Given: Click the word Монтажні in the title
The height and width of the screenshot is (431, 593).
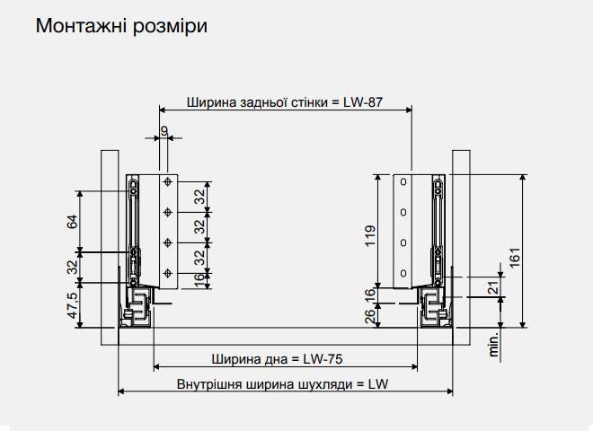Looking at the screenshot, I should tap(79, 25).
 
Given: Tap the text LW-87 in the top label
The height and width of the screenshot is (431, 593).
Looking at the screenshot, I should tap(363, 101).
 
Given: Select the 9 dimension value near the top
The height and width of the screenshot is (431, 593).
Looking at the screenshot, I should tap(164, 130).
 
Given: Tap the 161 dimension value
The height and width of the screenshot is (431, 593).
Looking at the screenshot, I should tap(514, 256).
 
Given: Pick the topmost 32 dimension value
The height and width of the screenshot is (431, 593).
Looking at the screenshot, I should tap(200, 194).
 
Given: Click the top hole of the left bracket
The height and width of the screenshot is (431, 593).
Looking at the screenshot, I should tap(168, 182).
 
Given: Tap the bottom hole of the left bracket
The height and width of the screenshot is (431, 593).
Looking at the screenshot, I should tap(168, 272).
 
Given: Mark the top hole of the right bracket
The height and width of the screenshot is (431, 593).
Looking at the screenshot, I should tap(403, 182).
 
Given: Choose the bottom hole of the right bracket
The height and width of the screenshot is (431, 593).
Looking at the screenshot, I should tap(403, 272).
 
